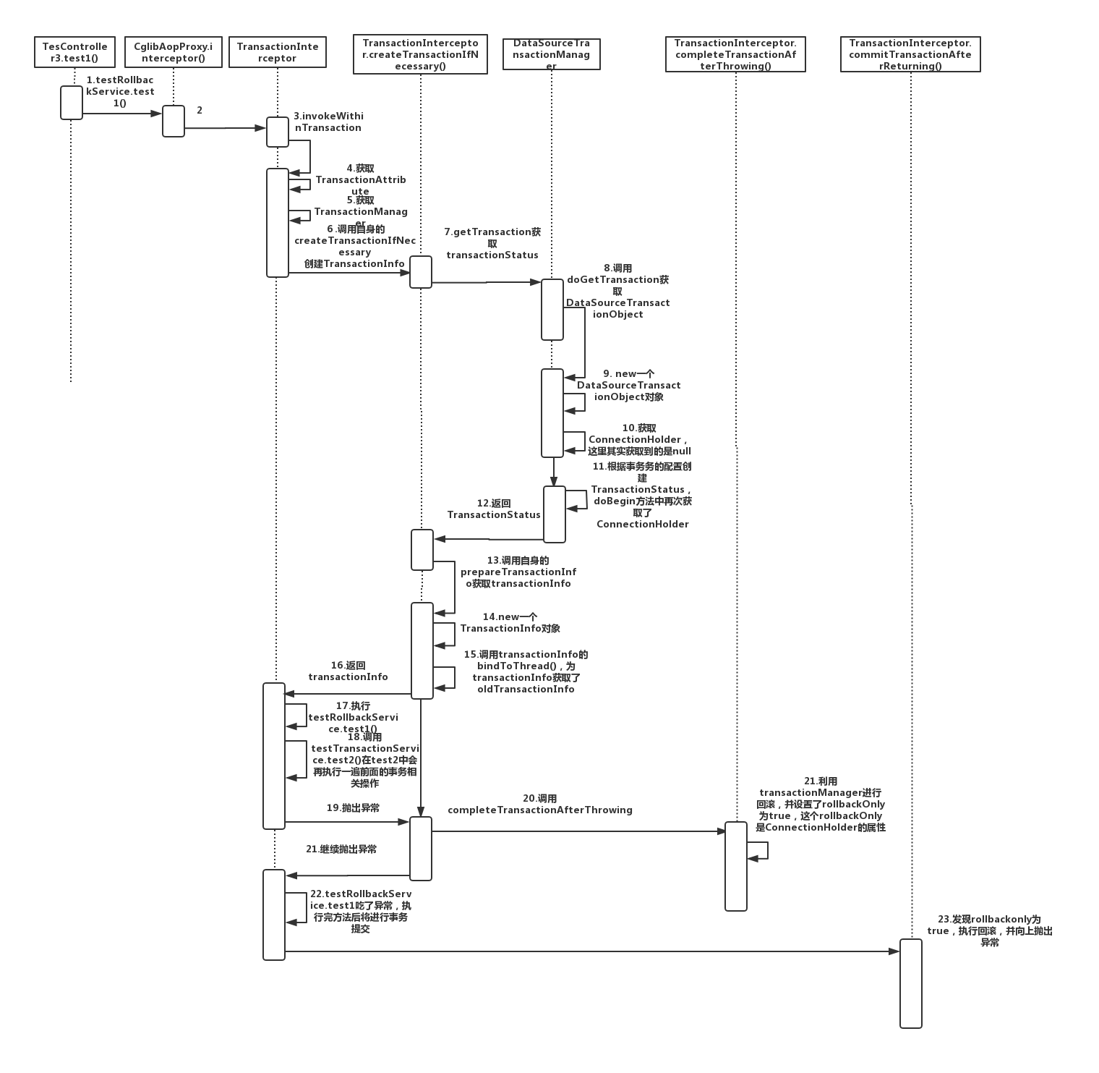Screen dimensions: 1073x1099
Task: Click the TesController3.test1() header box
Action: (74, 52)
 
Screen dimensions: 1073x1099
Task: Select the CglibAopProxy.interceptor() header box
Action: (174, 52)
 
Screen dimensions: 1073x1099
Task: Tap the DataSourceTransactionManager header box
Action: (551, 54)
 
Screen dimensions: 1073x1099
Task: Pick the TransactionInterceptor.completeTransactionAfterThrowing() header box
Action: (735, 54)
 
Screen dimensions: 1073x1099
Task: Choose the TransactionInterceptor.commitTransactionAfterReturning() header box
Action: (910, 54)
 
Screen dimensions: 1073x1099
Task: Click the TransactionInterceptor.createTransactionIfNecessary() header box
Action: (420, 54)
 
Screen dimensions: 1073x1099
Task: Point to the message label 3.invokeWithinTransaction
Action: (328, 122)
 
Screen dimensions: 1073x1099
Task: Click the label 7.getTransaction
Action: (492, 243)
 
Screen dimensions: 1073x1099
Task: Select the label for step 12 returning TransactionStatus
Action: (494, 509)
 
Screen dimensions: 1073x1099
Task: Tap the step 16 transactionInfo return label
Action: (348, 671)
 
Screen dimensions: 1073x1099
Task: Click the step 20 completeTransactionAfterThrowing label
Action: (540, 804)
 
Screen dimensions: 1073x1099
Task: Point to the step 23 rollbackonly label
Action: (990, 930)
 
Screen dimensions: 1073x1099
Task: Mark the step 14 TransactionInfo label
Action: (510, 622)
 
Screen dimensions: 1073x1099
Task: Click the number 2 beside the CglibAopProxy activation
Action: (200, 110)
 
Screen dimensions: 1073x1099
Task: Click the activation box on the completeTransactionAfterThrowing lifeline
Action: (736, 865)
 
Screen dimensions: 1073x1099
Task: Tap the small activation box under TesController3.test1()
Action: (72, 102)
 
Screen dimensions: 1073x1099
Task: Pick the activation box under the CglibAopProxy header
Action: (174, 121)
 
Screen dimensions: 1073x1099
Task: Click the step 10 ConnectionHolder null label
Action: (639, 439)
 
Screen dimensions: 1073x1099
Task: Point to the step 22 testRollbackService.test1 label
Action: (361, 911)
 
